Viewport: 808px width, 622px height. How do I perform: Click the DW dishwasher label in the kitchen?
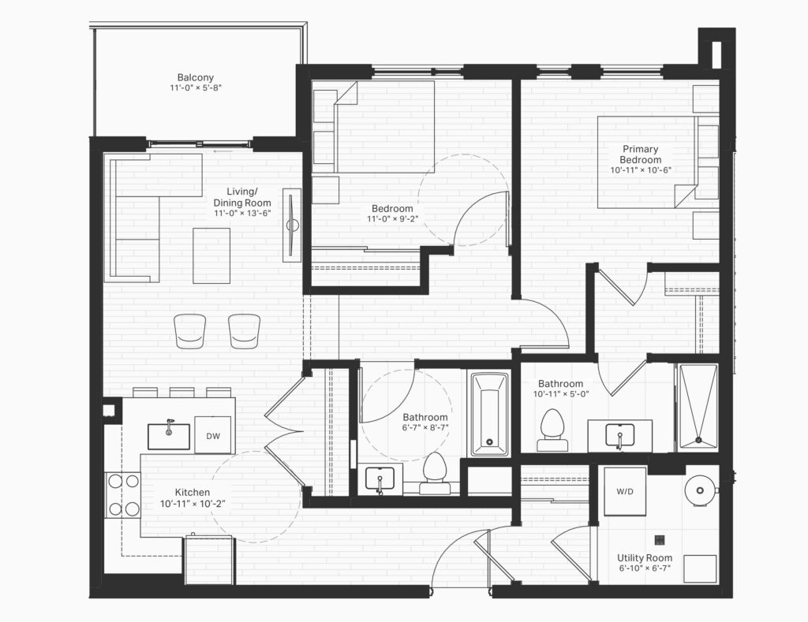(213, 436)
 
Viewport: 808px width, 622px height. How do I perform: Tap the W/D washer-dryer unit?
(625, 491)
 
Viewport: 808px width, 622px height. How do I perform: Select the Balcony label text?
(196, 78)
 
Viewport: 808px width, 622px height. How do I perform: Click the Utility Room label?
(645, 557)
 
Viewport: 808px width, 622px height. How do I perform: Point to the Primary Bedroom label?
(641, 154)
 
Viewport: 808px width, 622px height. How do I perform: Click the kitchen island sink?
(169, 436)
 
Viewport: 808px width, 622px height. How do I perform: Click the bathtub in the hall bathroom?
(489, 415)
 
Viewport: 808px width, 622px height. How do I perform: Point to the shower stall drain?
(699, 440)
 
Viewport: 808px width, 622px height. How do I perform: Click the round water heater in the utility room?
(701, 490)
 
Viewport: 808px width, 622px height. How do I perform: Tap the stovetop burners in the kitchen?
(123, 495)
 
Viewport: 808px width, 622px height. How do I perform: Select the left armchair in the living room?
(190, 330)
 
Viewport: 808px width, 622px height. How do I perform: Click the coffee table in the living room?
(211, 255)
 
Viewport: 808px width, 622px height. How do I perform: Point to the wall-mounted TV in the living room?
(293, 225)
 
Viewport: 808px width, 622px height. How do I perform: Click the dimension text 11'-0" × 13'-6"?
(242, 213)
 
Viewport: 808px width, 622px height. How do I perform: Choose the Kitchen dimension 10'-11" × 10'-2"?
(193, 504)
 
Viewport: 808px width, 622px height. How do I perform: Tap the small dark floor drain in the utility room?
(660, 539)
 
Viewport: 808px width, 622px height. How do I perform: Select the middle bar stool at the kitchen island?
(182, 393)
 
